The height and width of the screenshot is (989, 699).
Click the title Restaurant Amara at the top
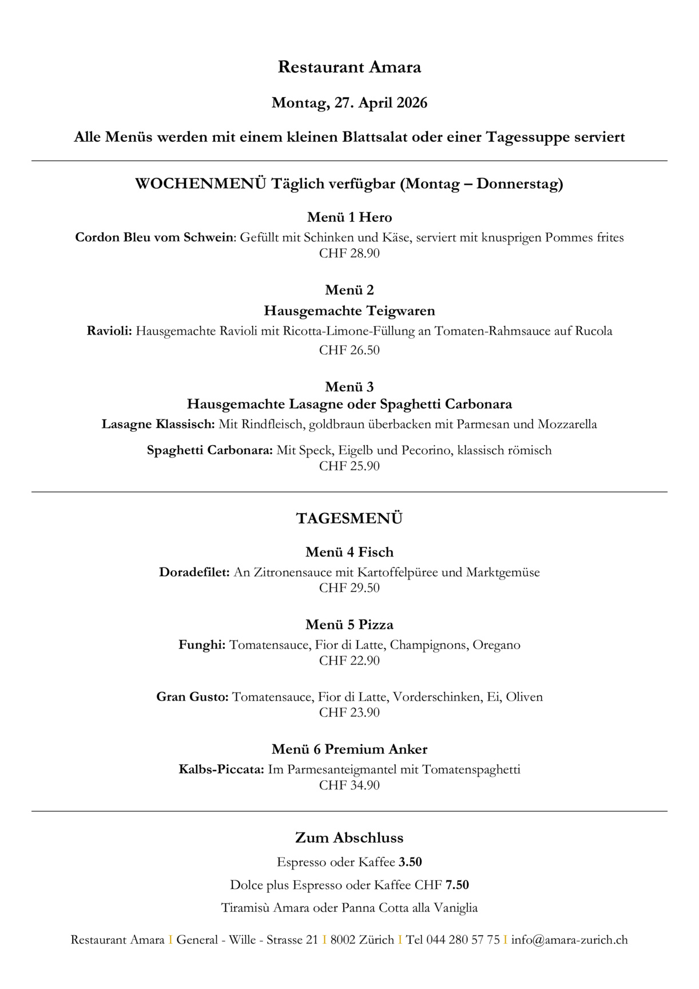(349, 67)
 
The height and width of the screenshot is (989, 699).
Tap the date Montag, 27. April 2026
(349, 103)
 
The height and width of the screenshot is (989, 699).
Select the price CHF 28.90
(349, 253)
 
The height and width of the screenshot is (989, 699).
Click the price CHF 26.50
(349, 350)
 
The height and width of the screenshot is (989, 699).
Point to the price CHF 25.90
(349, 466)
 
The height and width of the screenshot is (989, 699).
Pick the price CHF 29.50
(349, 588)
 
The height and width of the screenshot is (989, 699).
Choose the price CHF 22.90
(349, 661)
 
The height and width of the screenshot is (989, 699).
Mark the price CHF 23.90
(349, 713)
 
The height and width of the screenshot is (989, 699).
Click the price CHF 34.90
(349, 785)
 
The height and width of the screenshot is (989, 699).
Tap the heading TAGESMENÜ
(349, 519)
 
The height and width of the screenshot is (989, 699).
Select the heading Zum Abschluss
(349, 838)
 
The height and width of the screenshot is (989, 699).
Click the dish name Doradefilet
(194, 573)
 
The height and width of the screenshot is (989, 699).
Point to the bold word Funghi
(201, 645)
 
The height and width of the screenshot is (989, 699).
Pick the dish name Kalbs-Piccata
(221, 769)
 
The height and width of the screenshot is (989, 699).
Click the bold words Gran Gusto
(192, 697)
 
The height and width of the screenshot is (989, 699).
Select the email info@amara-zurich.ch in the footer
(569, 940)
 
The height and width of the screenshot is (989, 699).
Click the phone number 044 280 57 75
(463, 940)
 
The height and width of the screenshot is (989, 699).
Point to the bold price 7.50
(457, 885)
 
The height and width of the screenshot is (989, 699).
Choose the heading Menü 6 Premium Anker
(349, 749)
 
